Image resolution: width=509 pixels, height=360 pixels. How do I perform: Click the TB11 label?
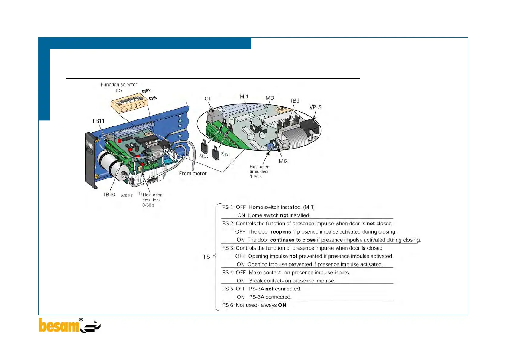(98, 121)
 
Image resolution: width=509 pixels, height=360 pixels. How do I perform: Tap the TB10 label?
(109, 195)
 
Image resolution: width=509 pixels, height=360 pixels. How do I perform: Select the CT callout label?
(208, 99)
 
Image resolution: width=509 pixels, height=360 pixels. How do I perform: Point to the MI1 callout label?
(244, 97)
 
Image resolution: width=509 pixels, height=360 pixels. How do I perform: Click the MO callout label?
(270, 98)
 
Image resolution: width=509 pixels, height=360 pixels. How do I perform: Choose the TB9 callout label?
(294, 101)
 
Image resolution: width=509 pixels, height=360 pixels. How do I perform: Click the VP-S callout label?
(315, 107)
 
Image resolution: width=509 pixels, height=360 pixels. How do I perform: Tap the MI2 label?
(283, 161)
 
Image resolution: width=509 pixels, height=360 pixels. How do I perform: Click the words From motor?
(193, 173)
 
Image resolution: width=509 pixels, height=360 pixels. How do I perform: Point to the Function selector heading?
(119, 84)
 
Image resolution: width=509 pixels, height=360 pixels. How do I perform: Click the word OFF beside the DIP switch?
(146, 91)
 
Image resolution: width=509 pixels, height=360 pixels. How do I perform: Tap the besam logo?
(70, 326)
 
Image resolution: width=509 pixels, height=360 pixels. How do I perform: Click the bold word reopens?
(281, 232)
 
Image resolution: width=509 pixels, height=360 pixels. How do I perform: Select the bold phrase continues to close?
(293, 240)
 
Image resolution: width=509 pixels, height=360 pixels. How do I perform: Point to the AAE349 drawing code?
(127, 195)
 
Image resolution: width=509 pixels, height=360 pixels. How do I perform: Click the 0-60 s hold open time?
(256, 177)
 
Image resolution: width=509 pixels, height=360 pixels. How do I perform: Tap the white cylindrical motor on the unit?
(112, 165)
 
